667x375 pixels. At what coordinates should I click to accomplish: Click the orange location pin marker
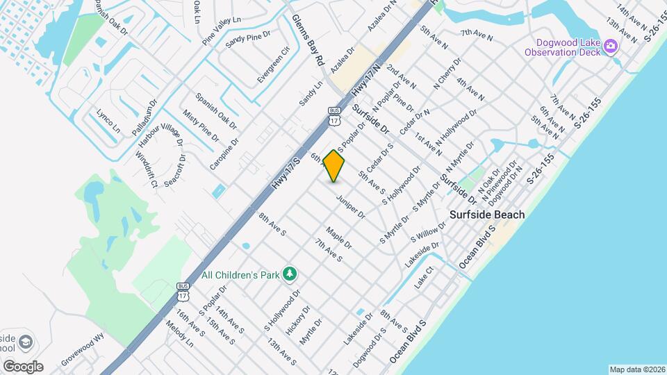click(334, 166)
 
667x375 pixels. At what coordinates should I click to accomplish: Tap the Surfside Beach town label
click(486, 215)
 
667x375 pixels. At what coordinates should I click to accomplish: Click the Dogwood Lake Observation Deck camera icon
click(611, 47)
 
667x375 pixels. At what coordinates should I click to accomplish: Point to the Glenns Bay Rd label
click(308, 40)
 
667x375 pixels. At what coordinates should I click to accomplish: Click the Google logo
click(22, 366)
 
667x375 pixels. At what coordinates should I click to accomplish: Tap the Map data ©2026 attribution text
click(636, 369)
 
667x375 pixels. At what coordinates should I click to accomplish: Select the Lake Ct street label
click(423, 278)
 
